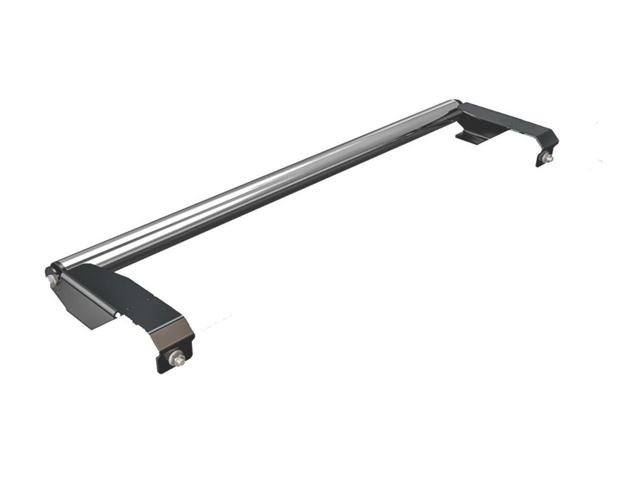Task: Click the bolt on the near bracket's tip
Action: [x=179, y=360]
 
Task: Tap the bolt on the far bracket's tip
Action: [x=548, y=158]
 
